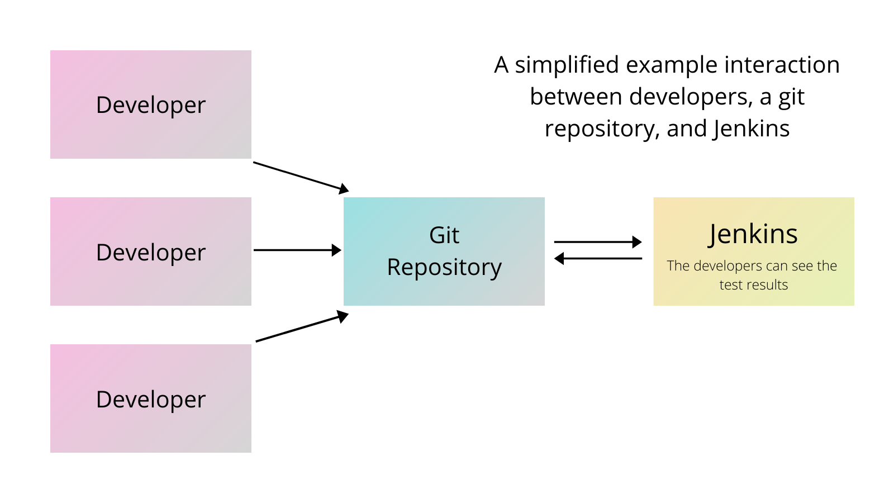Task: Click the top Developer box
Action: (151, 105)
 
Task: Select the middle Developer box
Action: (151, 251)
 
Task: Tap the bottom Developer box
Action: (151, 398)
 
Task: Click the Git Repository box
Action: (444, 251)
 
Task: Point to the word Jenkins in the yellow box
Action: (753, 234)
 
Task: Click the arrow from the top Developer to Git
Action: (301, 177)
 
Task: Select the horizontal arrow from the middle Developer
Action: (297, 250)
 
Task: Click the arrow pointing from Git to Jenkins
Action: (598, 242)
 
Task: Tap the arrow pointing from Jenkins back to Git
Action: (598, 259)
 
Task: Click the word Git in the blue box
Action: (444, 235)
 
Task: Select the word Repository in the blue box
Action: (444, 268)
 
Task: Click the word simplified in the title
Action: (567, 65)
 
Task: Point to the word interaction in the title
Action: (782, 65)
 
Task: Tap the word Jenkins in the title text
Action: (752, 129)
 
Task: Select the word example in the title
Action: (672, 65)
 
